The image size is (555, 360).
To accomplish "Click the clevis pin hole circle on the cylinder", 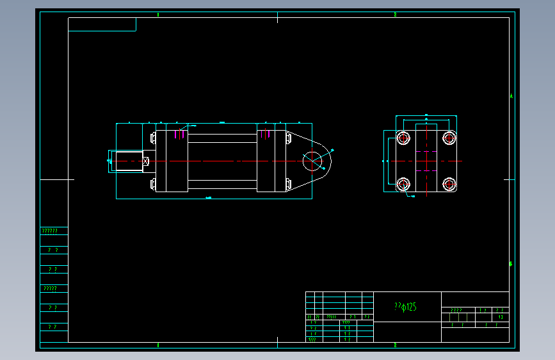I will point(312,161).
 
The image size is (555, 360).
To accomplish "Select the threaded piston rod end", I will point(126,161).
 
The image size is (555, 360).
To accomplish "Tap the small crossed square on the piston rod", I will point(146,161).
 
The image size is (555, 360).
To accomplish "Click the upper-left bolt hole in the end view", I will point(403,138).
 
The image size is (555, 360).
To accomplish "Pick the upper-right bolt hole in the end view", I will point(449,138).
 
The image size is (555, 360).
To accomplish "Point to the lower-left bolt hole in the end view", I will point(403,184).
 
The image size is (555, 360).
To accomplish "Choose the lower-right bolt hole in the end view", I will point(449,184).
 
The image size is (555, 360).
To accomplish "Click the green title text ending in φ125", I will point(406,307).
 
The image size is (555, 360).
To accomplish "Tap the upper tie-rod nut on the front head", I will point(153,138).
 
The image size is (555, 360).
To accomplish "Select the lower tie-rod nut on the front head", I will point(153,184).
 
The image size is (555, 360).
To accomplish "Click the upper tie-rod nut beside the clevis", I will point(287,138).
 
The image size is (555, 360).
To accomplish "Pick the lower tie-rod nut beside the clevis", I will point(287,184).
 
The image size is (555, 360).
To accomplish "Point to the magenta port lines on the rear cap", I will point(264,134).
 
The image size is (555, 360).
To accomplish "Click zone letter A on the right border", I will point(511,96).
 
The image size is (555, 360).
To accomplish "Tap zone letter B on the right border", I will point(511,264).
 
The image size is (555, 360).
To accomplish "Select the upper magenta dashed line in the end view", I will point(426,152).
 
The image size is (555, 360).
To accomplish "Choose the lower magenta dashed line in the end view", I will point(426,171).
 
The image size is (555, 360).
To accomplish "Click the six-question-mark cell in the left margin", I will point(50,231).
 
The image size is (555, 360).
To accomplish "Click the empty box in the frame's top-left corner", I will point(102,24).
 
